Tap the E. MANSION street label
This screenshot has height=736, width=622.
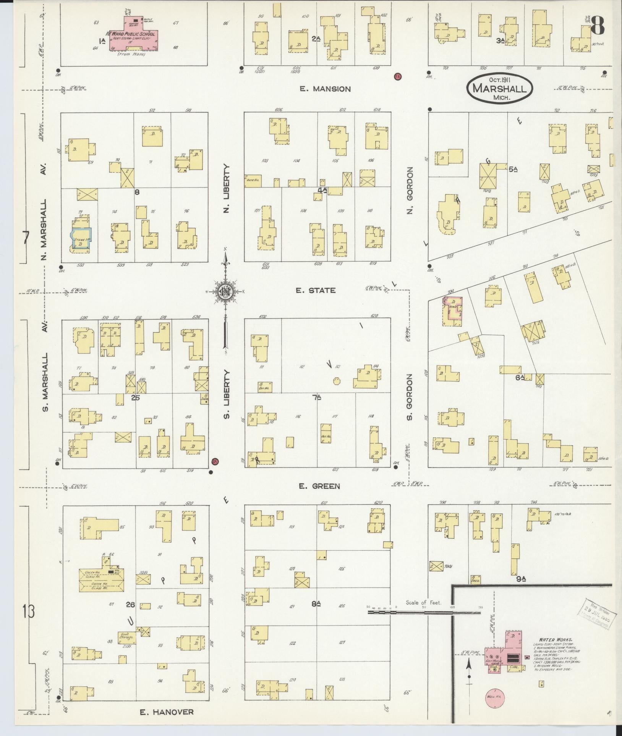[325, 89]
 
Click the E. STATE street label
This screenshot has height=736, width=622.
[316, 290]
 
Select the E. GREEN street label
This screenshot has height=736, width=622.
[319, 486]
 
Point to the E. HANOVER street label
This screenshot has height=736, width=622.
[167, 712]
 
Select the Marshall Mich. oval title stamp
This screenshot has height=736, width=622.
[499, 88]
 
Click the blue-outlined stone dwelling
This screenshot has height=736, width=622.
[81, 238]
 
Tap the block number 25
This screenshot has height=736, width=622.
[135, 398]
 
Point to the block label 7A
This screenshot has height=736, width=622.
[317, 398]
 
